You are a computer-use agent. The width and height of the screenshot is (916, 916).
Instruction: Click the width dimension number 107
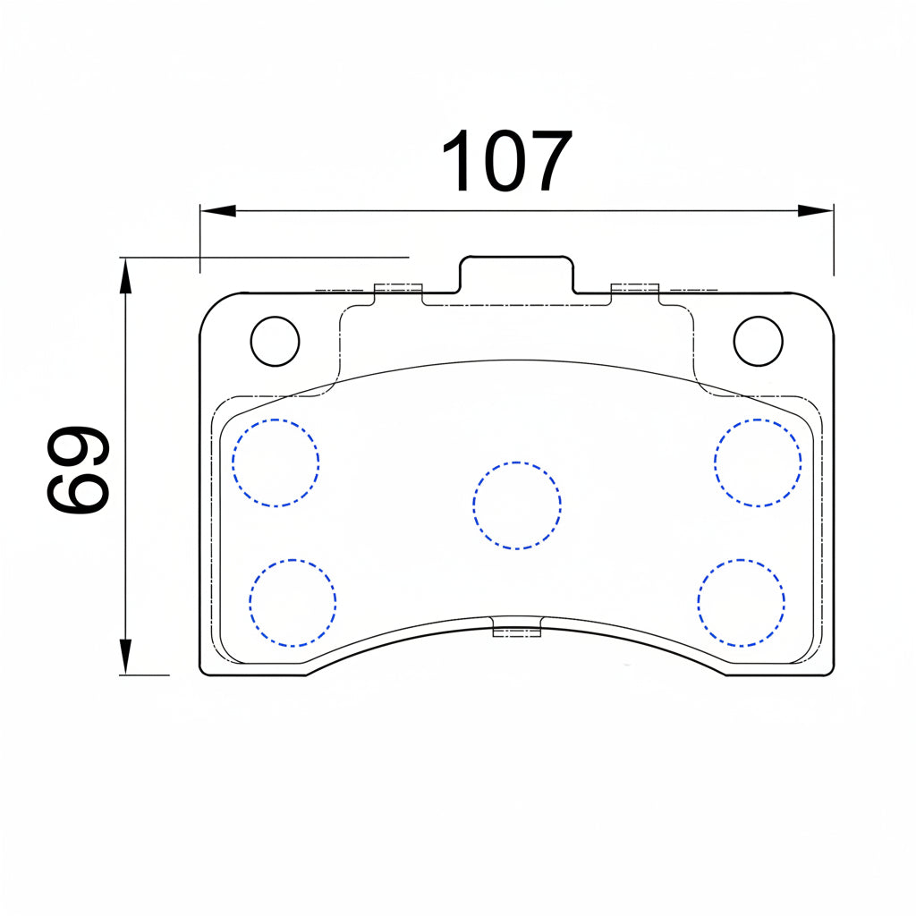507,160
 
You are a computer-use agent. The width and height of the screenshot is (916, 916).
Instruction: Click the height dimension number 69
78,470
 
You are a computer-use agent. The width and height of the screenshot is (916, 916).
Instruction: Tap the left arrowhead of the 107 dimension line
218,211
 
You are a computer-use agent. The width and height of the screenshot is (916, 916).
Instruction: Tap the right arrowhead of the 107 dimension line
816,211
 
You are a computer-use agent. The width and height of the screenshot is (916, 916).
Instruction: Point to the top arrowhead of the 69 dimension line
125,276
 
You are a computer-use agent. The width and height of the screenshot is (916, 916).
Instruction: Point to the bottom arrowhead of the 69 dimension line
125,657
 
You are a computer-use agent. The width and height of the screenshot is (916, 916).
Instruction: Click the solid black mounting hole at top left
276,341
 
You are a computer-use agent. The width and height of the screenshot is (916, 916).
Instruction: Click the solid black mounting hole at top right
759,341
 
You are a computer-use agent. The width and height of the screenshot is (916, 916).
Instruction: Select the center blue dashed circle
517,506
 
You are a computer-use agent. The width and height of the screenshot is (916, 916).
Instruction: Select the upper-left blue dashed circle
276,462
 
